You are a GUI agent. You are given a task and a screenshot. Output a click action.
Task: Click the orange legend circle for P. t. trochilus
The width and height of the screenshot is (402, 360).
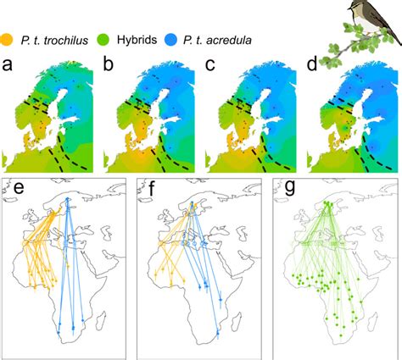tap(6, 39)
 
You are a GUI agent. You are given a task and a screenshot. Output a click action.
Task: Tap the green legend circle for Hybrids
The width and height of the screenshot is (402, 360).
tap(104, 39)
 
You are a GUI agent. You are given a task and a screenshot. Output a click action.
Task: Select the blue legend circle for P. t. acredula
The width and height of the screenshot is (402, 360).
tap(170, 39)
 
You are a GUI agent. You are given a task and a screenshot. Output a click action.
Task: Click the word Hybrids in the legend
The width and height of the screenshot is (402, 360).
tap(137, 40)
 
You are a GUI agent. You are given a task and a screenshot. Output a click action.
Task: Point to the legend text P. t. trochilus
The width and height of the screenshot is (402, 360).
tap(54, 41)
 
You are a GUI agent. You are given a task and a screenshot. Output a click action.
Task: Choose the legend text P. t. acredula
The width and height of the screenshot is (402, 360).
tap(217, 40)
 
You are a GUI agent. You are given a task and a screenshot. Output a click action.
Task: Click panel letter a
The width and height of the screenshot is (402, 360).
tap(7, 65)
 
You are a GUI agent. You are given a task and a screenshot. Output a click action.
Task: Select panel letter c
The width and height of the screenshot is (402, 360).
tap(209, 65)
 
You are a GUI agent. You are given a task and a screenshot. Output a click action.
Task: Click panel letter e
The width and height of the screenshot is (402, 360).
tap(19, 188)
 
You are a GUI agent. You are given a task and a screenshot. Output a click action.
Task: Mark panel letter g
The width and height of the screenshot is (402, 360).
tap(290, 189)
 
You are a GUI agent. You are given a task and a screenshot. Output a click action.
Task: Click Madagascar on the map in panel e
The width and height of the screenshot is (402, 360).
tap(100, 319)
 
